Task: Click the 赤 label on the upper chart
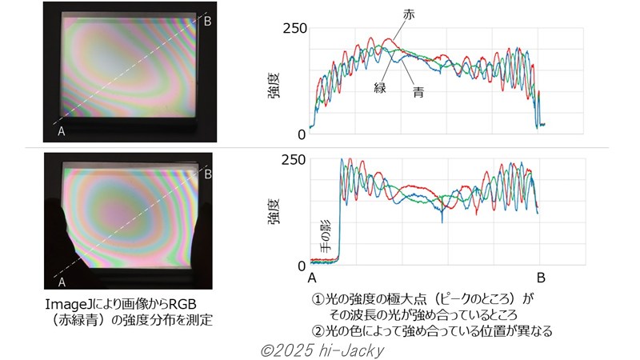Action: tap(410, 15)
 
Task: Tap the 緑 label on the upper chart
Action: tap(380, 87)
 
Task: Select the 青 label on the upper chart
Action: tap(418, 93)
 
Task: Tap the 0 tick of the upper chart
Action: tap(302, 134)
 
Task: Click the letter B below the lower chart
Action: tap(542, 278)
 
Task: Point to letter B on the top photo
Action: tap(207, 21)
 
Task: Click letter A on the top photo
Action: tap(61, 132)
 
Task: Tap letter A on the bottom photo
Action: tap(61, 281)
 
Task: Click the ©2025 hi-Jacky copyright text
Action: tap(320, 350)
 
